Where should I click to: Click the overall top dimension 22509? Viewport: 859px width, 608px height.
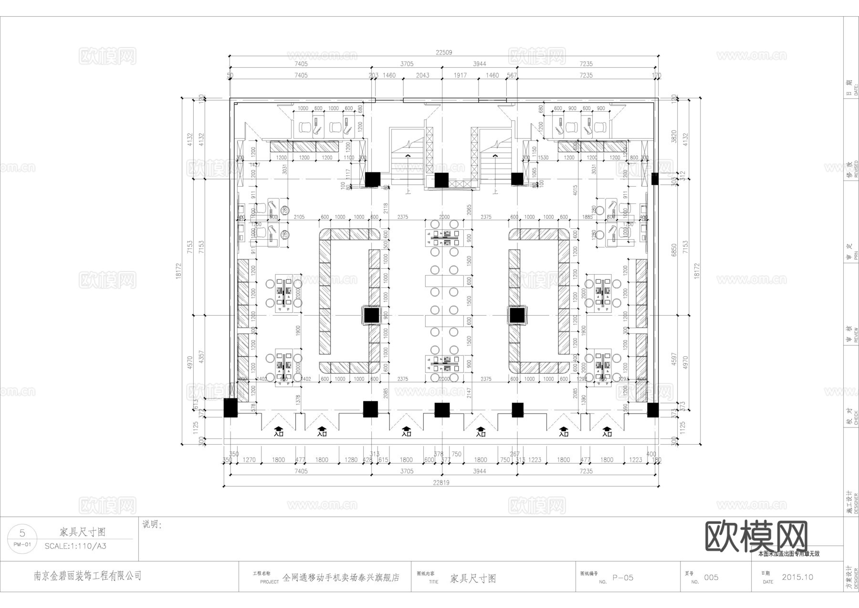443,53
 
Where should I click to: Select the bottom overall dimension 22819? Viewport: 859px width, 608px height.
441,482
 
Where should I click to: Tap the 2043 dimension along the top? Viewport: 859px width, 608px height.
422,75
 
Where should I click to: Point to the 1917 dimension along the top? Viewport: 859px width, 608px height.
460,75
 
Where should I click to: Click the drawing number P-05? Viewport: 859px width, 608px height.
623,577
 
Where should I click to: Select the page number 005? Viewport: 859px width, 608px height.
711,577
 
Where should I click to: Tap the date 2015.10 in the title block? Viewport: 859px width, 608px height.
797,577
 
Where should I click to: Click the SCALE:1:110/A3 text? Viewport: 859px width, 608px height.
75,546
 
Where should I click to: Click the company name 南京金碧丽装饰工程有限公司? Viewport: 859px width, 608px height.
87,576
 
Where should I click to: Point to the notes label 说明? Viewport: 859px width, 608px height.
152,524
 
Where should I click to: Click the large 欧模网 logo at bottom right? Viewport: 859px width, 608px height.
756,536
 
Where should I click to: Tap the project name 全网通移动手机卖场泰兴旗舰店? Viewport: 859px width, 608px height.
341,577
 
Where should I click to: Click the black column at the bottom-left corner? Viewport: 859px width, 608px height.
230,408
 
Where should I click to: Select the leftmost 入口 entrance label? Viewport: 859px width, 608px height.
279,434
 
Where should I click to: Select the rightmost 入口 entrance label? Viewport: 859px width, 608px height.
607,434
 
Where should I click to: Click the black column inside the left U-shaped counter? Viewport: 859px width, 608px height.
371,316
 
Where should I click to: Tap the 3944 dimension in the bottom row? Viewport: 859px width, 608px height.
479,471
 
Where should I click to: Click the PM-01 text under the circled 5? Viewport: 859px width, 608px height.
22,544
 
